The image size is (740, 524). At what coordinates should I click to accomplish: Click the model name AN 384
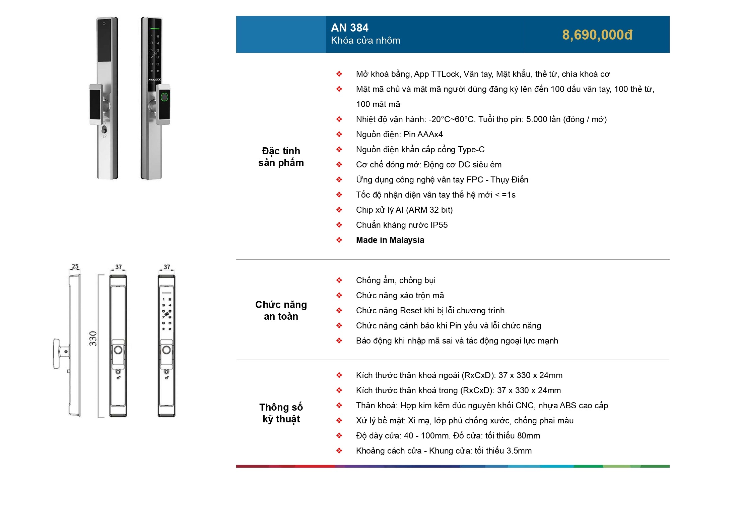pyautogui.click(x=349, y=28)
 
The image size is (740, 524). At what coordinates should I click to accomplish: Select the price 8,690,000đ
pyautogui.click(x=597, y=35)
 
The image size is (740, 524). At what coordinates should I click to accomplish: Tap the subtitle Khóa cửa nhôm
pyautogui.click(x=365, y=41)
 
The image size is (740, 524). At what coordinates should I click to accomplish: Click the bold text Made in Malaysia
pyautogui.click(x=390, y=240)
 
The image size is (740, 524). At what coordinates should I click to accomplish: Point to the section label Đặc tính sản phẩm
pyautogui.click(x=281, y=157)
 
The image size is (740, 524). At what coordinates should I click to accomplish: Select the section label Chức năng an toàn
pyautogui.click(x=281, y=310)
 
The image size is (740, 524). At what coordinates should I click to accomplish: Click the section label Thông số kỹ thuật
pyautogui.click(x=281, y=413)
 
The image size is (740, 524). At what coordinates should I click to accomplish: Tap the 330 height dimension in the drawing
pyautogui.click(x=93, y=338)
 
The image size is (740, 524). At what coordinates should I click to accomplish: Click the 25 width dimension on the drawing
pyautogui.click(x=75, y=266)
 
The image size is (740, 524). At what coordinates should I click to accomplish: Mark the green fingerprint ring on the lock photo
pyautogui.click(x=164, y=97)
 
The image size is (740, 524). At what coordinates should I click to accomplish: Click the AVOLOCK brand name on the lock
pyautogui.click(x=154, y=80)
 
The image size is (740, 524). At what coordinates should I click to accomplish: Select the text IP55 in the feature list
pyautogui.click(x=439, y=225)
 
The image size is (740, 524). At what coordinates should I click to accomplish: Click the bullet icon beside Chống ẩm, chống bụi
pyautogui.click(x=339, y=280)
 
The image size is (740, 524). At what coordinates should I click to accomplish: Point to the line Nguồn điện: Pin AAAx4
pyautogui.click(x=399, y=135)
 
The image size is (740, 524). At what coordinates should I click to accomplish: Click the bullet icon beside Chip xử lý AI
pyautogui.click(x=339, y=210)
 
